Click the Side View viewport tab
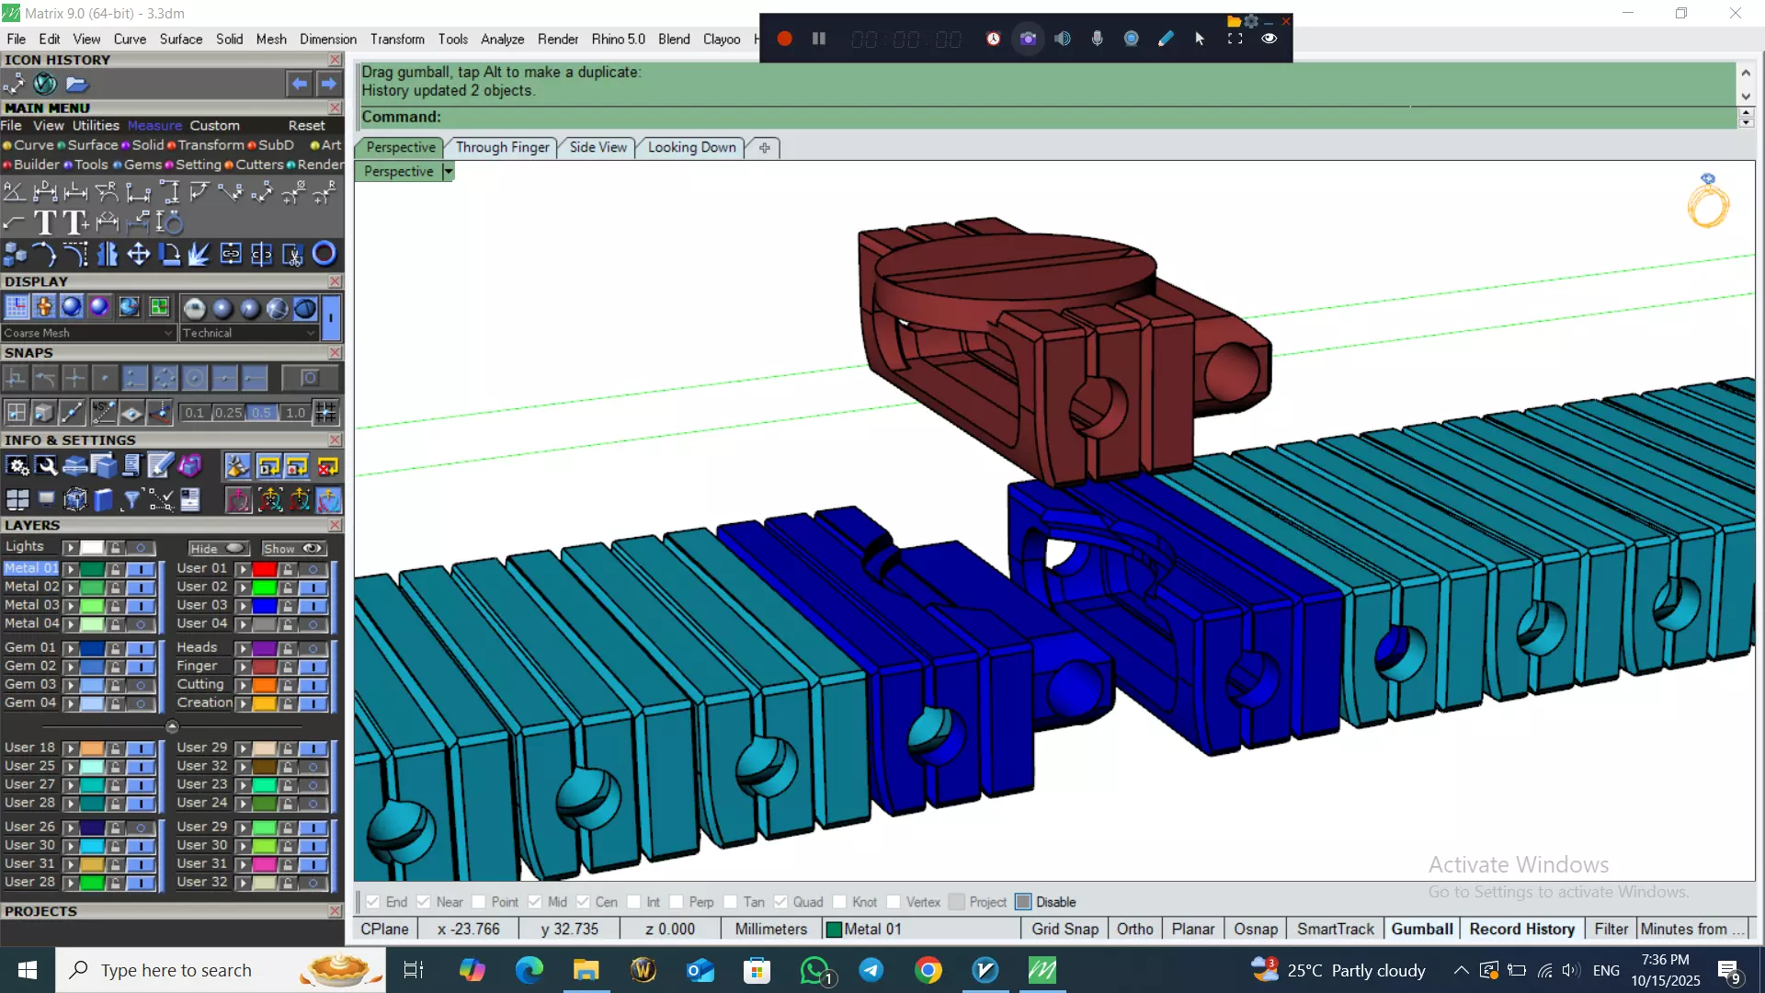[598, 147]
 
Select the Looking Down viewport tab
[691, 147]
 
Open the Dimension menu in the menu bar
[327, 39]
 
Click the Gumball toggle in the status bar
[1421, 929]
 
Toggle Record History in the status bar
[1521, 929]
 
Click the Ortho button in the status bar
[1134, 929]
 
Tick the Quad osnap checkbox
[780, 902]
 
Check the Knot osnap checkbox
[840, 902]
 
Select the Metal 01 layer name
[30, 568]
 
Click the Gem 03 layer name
[29, 684]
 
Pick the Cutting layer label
[200, 684]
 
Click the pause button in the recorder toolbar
[818, 39]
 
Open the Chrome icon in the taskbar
[928, 970]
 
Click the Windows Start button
[27, 970]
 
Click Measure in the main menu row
[154, 125]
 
